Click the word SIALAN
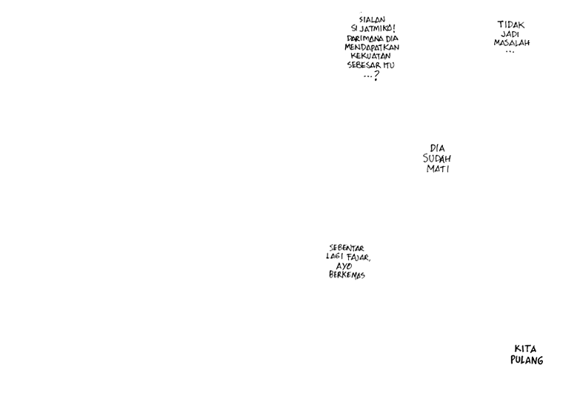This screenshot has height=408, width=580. coord(372,20)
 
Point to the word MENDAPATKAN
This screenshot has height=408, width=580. coord(372,47)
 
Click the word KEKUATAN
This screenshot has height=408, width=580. coord(371,56)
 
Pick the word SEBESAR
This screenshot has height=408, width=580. coord(364,65)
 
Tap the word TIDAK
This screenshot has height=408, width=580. coord(511,24)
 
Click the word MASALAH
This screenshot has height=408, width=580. coord(512,43)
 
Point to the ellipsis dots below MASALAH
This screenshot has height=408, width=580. coord(510,52)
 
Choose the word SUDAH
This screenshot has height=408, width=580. coord(437,159)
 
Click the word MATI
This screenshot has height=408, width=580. coord(438,169)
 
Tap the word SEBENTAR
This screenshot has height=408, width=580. coord(347,249)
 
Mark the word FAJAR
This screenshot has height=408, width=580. coord(359,257)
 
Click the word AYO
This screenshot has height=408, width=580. coord(344,266)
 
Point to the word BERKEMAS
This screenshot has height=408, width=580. coord(347,275)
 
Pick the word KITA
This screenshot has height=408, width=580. coord(525,349)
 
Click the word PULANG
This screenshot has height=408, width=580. coord(527,361)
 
